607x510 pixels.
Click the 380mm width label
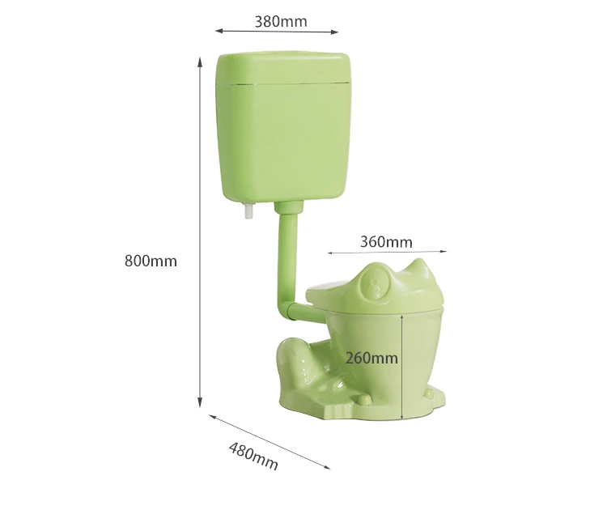pos(281,21)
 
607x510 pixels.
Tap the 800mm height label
pos(151,261)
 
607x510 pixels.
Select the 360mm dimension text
pos(386,241)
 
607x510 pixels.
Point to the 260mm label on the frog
pos(371,357)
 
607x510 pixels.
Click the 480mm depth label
pos(253,457)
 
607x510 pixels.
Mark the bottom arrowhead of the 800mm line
pos(200,404)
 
